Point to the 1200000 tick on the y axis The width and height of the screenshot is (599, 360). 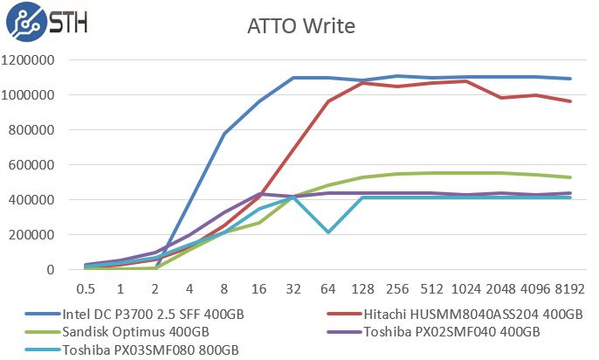point(29,60)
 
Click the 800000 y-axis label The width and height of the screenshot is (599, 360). point(32,130)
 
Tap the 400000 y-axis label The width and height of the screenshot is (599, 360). point(32,200)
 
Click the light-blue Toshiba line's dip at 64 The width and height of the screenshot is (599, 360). point(328,232)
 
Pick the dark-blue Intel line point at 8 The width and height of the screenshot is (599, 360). point(224,134)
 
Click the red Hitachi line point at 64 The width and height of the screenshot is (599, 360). point(328,101)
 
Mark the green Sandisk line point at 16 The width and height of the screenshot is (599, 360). point(259,223)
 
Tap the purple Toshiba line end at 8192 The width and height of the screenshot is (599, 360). point(570,193)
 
